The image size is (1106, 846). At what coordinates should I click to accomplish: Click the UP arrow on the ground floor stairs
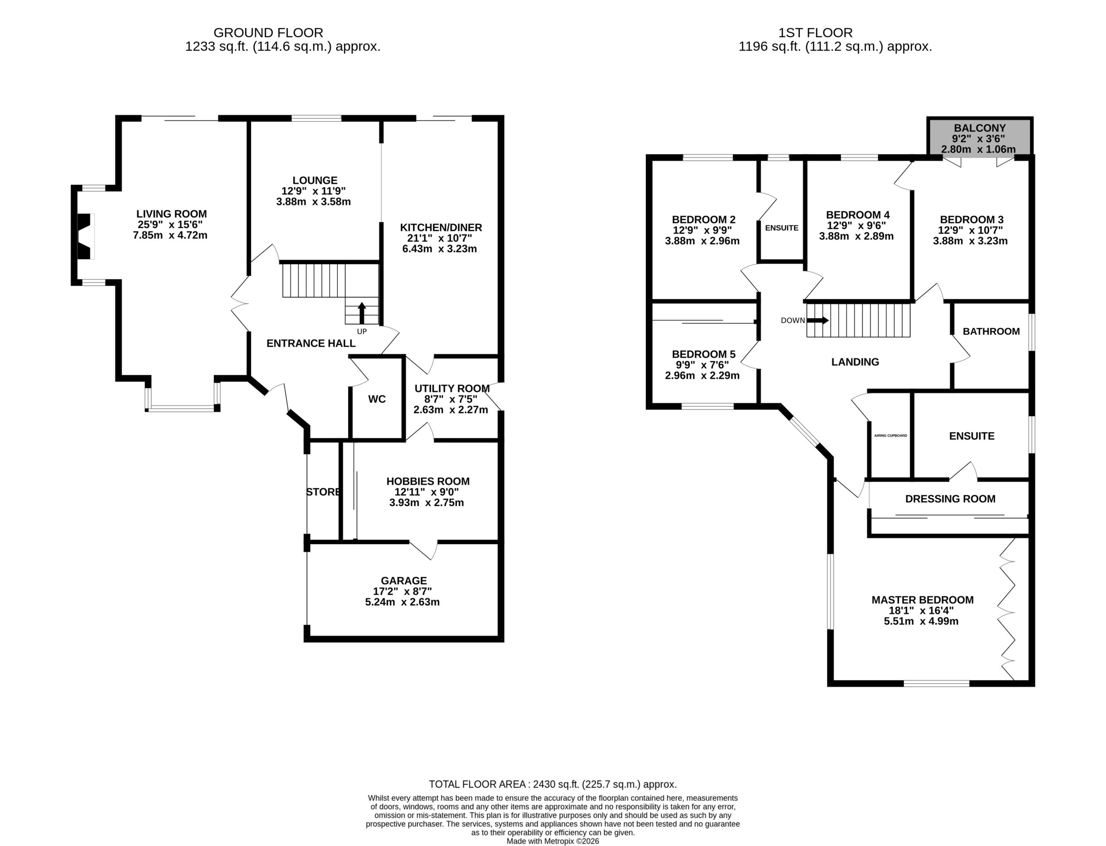(362, 313)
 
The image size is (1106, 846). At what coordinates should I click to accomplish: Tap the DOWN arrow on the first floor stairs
(817, 320)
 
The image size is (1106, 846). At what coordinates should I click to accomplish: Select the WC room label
(377, 399)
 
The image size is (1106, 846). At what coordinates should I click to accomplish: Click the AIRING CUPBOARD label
(890, 436)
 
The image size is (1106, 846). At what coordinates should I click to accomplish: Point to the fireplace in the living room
(85, 236)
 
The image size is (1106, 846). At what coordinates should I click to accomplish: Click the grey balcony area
(979, 137)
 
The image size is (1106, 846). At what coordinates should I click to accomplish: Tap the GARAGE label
(404, 580)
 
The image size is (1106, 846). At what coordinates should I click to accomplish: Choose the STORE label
(323, 492)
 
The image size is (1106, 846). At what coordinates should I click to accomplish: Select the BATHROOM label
(991, 331)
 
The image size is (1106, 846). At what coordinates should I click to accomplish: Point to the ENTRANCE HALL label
(311, 343)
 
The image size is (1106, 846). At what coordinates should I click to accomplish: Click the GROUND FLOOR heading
(268, 33)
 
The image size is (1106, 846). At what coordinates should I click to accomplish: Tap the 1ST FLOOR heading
(815, 33)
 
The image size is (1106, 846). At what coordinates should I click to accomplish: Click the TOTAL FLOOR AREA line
(553, 784)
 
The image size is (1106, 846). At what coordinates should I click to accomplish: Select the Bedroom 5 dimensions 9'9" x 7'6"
(702, 364)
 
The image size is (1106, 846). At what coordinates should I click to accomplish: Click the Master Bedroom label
(922, 600)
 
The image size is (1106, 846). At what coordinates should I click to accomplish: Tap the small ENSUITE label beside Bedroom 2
(781, 228)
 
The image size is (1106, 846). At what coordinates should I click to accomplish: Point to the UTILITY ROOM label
(452, 388)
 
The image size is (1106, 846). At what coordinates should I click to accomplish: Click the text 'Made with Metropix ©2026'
(553, 841)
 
